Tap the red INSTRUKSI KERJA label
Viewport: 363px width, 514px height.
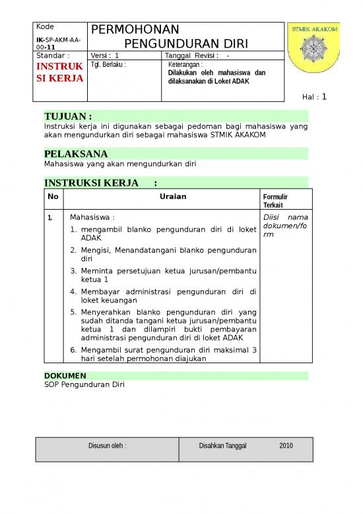pyautogui.click(x=59, y=72)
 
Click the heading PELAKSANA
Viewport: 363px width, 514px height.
pyautogui.click(x=75, y=154)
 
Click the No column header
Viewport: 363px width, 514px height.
pyautogui.click(x=53, y=196)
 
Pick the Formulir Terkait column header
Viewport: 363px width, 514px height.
pyautogui.click(x=275, y=200)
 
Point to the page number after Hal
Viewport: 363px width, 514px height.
pyautogui.click(x=324, y=97)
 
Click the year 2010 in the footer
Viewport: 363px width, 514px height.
pyautogui.click(x=286, y=446)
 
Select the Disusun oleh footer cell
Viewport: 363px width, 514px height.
pyautogui.click(x=108, y=446)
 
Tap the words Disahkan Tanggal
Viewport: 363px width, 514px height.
pyautogui.click(x=222, y=446)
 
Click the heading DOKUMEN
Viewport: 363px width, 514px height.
pyautogui.click(x=65, y=375)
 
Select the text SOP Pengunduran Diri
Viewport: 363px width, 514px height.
pyautogui.click(x=84, y=384)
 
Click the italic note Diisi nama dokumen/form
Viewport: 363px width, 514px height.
pyautogui.click(x=285, y=226)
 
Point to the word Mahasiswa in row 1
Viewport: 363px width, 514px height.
pyautogui.click(x=92, y=216)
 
